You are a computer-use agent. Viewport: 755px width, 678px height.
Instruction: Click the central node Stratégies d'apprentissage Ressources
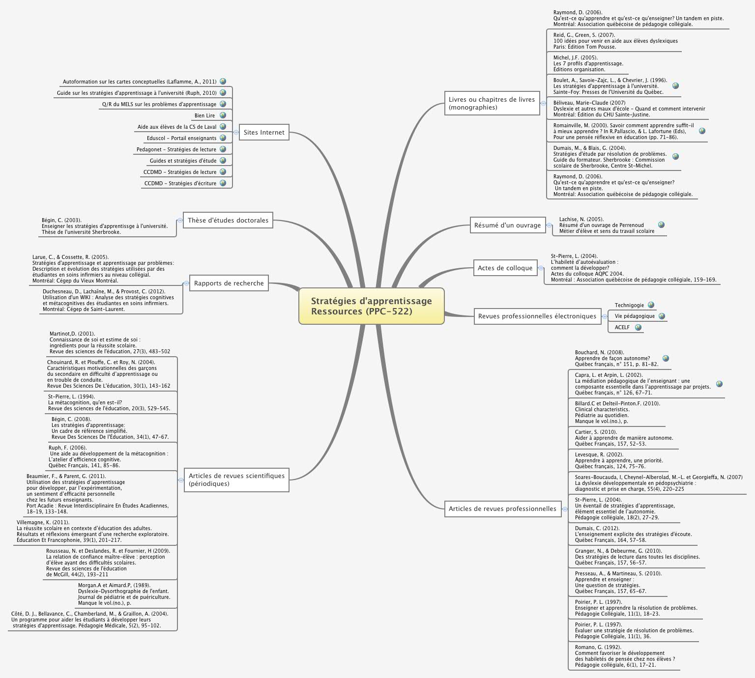[371, 306]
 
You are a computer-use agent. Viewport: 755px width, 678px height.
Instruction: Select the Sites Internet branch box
[264, 132]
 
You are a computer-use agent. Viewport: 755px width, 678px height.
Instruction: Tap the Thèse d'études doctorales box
[228, 220]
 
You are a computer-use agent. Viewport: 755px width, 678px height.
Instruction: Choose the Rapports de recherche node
[229, 283]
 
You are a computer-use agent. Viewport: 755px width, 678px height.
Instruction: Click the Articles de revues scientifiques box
[236, 480]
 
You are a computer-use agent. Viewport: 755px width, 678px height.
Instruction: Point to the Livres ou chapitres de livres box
[492, 103]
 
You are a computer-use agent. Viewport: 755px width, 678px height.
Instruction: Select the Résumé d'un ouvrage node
[507, 226]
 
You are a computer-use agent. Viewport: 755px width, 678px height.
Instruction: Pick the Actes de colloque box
[505, 268]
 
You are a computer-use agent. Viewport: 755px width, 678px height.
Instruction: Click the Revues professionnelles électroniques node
[537, 316]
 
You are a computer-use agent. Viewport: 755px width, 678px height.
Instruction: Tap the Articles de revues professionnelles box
[502, 508]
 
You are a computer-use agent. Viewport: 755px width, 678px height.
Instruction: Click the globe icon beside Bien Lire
[223, 115]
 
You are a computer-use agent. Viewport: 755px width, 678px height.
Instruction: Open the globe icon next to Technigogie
[651, 305]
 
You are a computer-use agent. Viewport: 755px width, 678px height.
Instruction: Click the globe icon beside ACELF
[638, 327]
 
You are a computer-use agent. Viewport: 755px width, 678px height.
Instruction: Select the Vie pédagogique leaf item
[635, 316]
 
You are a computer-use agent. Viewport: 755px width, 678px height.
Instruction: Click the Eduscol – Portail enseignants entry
[181, 138]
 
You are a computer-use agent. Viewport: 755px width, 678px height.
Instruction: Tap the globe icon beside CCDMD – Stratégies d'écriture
[223, 183]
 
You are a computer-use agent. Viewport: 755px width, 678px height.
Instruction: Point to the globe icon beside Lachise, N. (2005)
[661, 225]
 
